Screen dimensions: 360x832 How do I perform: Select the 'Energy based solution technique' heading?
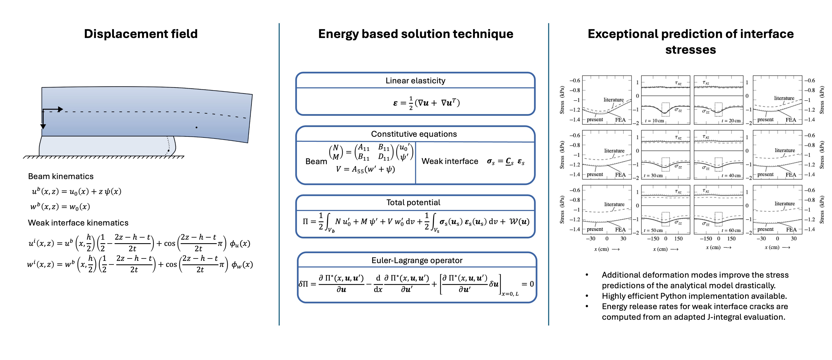pos(415,34)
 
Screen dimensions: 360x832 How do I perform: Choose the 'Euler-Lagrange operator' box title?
pos(417,260)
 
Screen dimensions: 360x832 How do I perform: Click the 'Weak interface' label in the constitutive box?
pos(449,161)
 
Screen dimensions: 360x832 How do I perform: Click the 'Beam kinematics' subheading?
pos(61,176)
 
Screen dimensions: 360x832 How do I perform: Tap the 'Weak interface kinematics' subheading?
pos(78,223)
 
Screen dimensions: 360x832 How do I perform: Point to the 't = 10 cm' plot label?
pos(654,121)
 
